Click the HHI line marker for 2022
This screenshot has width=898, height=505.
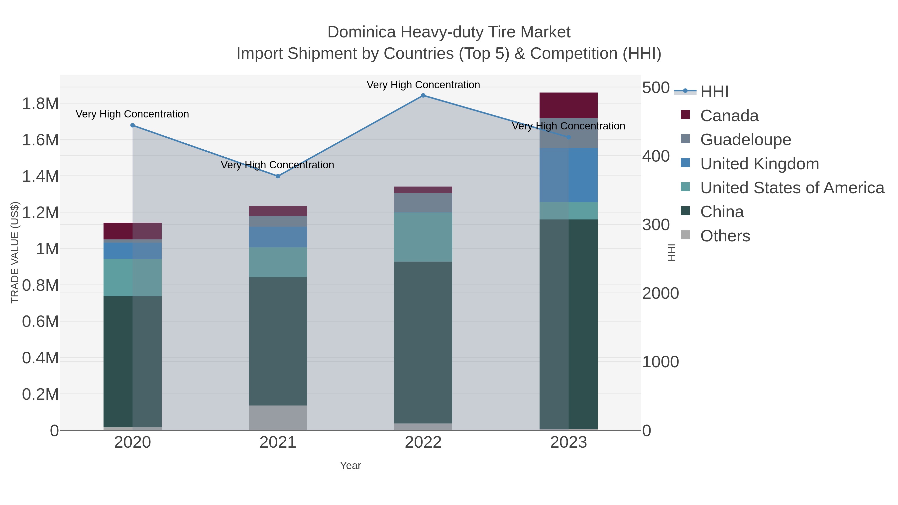(x=423, y=96)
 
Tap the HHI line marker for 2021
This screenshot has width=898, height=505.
(x=278, y=176)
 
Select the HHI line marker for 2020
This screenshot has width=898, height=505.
(x=132, y=125)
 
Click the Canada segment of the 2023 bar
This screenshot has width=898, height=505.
(x=568, y=105)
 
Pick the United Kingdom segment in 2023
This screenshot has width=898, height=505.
(x=568, y=175)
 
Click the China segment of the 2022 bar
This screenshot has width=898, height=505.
(x=423, y=342)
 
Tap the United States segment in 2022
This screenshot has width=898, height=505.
(x=423, y=237)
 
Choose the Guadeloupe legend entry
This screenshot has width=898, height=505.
(x=745, y=140)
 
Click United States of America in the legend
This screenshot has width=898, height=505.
(x=792, y=188)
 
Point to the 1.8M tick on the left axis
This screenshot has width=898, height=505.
(x=40, y=104)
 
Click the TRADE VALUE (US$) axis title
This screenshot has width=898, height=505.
(x=15, y=252)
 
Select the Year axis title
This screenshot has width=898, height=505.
(x=350, y=466)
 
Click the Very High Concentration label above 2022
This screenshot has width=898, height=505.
(x=423, y=85)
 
